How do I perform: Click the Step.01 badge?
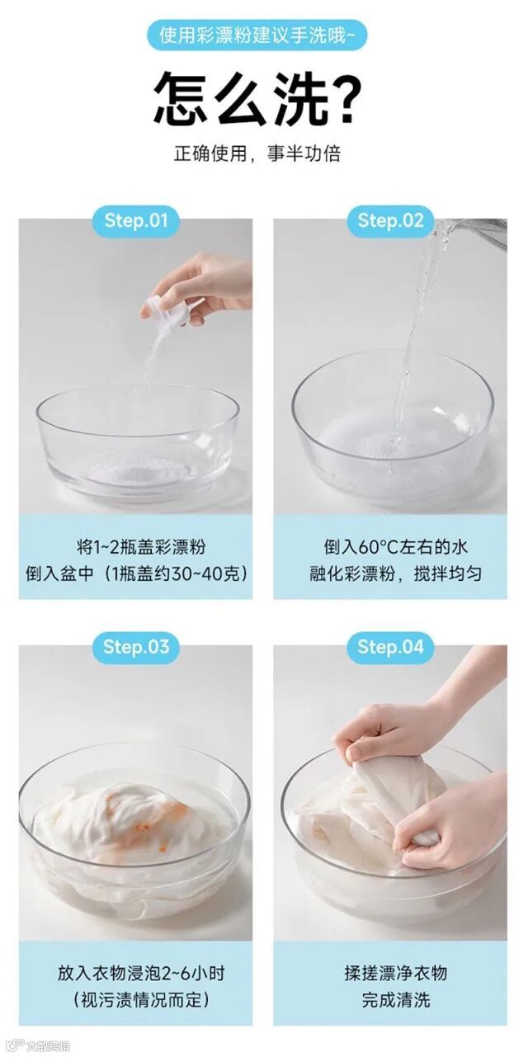(x=135, y=220)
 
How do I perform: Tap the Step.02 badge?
(x=390, y=220)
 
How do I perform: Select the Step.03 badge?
(x=135, y=647)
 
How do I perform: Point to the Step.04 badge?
(x=390, y=647)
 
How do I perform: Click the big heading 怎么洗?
(x=258, y=98)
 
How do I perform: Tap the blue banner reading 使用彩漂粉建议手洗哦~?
(x=257, y=35)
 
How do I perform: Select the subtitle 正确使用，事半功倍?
(x=257, y=153)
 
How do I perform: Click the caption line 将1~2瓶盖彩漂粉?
(x=141, y=547)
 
